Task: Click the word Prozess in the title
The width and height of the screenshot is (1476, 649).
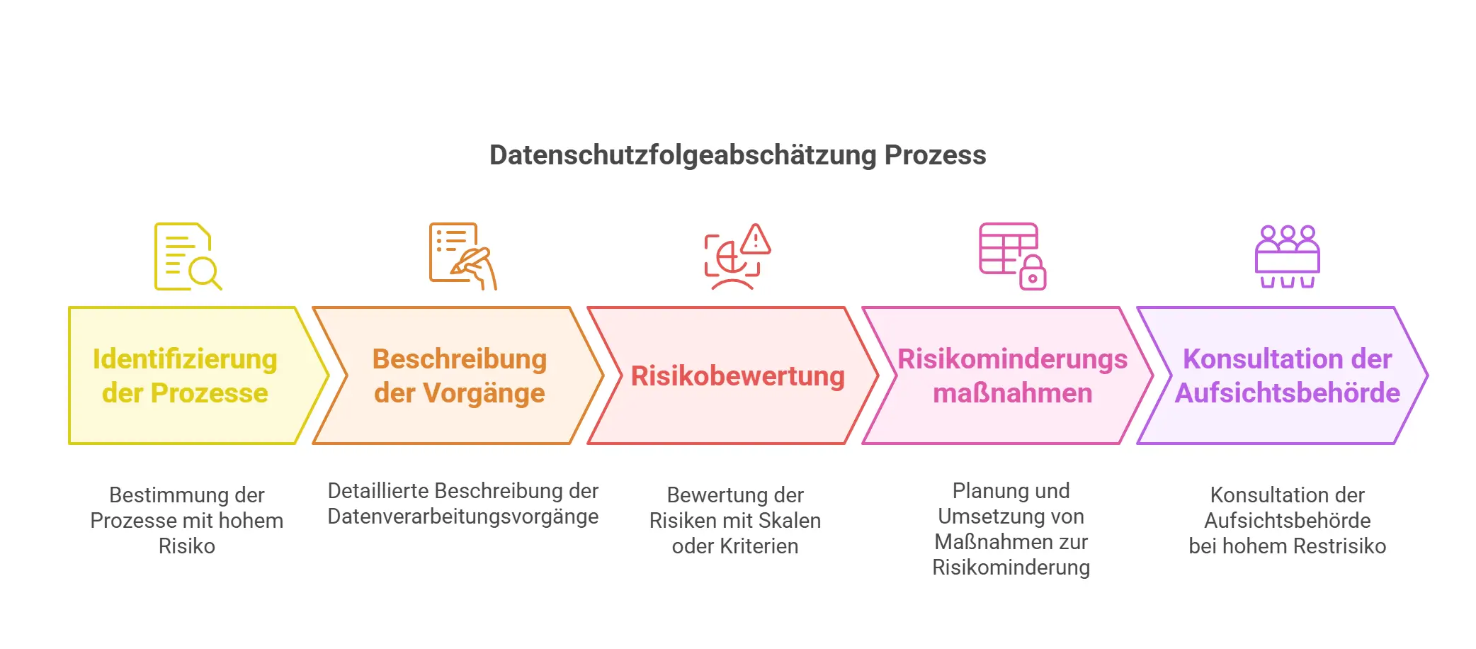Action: (935, 155)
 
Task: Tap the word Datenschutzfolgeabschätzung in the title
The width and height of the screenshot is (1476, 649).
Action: (683, 155)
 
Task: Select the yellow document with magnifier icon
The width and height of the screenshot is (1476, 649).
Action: (188, 256)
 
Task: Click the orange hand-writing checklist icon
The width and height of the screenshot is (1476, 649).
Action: (463, 256)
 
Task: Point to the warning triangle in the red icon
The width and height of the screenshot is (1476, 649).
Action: (756, 239)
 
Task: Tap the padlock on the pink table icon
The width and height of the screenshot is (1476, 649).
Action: (1033, 273)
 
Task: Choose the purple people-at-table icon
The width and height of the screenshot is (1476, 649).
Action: (1287, 256)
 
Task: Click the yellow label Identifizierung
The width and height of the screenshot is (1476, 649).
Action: (185, 359)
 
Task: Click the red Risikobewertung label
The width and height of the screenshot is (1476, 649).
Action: (738, 376)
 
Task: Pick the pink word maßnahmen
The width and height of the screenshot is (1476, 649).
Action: (1012, 393)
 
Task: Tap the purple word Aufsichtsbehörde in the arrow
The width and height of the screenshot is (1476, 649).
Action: (1287, 393)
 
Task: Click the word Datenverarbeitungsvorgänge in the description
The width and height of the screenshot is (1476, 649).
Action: (463, 517)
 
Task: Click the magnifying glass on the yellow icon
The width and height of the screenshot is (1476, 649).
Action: (205, 273)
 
